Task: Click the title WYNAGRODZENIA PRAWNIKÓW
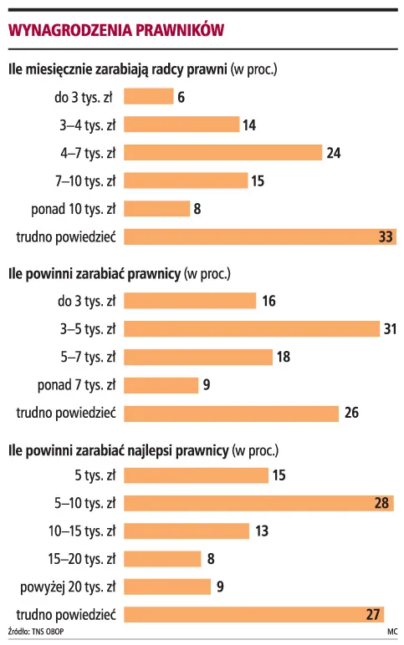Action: tap(116, 30)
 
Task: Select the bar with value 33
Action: tap(260, 237)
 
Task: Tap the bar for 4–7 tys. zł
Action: tap(222, 153)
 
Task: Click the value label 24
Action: tap(334, 153)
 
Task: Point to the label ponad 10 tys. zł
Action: tap(74, 209)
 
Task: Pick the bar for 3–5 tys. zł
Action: tap(252, 328)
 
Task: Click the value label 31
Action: tap(390, 329)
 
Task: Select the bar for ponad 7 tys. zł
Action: tap(161, 385)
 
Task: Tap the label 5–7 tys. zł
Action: tap(88, 357)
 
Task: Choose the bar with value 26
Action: tap(231, 413)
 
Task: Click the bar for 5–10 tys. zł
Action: tap(258, 503)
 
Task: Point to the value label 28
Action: tap(381, 503)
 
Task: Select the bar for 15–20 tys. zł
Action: tap(162, 559)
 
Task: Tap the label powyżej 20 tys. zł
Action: tap(68, 587)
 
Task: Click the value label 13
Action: tap(262, 531)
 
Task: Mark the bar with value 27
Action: tap(253, 615)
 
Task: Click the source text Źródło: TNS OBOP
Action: tap(36, 632)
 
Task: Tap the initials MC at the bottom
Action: tap(392, 632)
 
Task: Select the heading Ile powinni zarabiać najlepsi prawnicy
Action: tap(118, 451)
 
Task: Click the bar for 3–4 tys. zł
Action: tap(182, 124)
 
